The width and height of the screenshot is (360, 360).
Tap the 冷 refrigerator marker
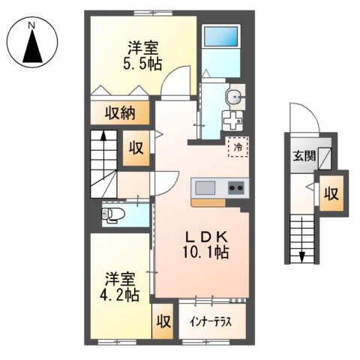coord(238,147)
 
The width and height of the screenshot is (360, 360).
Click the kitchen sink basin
coord(205,187)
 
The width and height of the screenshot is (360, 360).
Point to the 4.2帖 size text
coord(121,295)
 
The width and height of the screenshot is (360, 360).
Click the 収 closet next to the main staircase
coord(137,145)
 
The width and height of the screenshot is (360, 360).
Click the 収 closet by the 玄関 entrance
coord(330,193)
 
